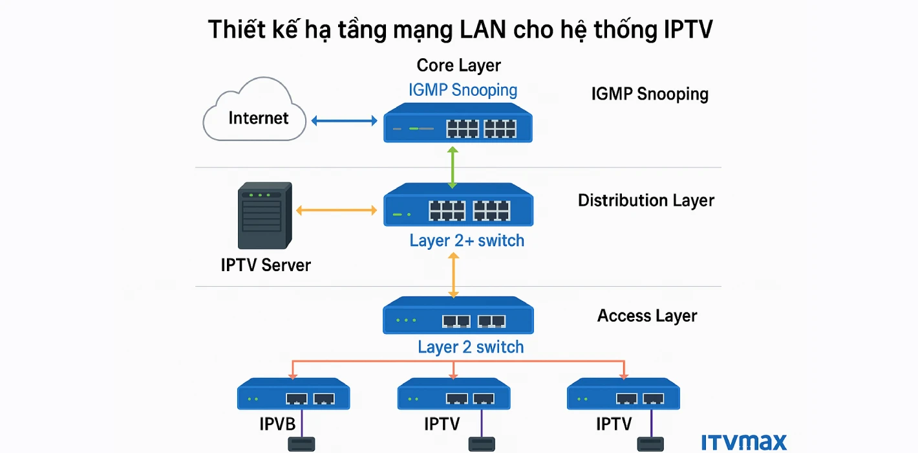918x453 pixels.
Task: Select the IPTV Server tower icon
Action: [264, 215]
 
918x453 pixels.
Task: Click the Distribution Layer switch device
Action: [458, 206]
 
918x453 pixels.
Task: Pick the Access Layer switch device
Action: [458, 316]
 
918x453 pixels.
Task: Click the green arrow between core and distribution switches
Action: [453, 168]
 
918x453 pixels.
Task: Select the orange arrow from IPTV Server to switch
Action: [336, 210]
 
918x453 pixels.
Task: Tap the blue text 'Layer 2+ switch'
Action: [467, 241]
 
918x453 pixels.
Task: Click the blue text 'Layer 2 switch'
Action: [471, 347]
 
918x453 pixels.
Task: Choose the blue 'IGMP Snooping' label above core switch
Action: [463, 90]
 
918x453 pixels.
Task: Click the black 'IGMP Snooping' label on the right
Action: [650, 94]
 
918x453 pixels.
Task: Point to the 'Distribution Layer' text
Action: [646, 201]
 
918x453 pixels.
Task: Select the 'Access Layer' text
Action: [647, 316]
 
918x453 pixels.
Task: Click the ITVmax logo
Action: [744, 442]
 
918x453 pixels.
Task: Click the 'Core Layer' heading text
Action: [458, 65]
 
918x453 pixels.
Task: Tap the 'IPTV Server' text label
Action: [266, 265]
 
